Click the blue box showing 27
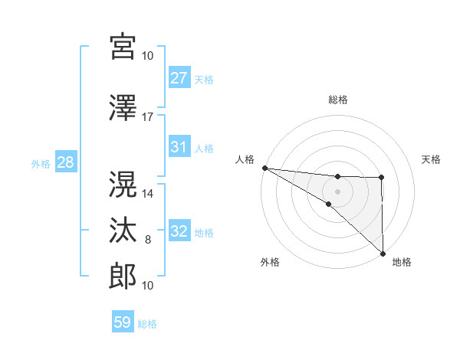point(179,78)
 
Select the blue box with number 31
point(179,147)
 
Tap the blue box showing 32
point(179,232)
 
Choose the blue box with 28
point(65,162)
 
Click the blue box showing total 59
point(123,322)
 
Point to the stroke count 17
point(148,116)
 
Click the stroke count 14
point(148,194)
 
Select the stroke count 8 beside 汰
point(148,240)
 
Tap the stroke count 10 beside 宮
point(148,55)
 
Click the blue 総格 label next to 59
point(147,323)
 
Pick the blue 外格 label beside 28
point(41,163)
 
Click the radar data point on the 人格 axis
point(264,168)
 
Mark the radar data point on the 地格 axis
point(382,253)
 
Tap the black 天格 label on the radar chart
point(432,159)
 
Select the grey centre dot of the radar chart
point(337,189)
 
